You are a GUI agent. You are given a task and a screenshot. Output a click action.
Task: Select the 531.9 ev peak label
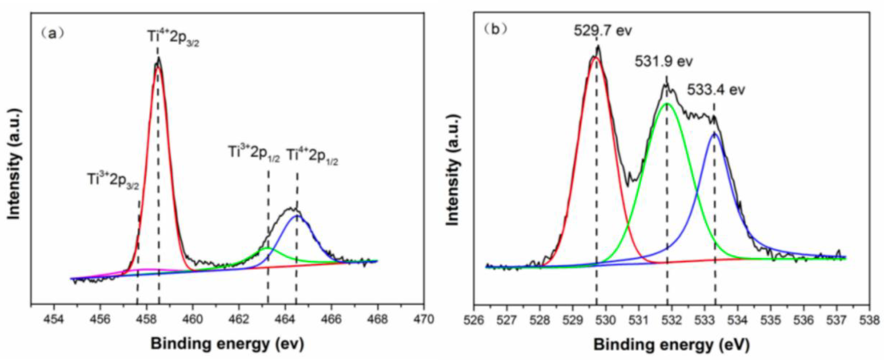pos(663,62)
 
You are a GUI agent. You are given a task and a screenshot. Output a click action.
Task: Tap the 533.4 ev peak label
pos(716,90)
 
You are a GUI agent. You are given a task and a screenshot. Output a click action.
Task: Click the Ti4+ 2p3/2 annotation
pos(173,38)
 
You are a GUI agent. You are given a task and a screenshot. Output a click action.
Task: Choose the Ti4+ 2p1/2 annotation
pos(312,157)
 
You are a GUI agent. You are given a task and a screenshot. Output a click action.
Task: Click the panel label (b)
pos(496,30)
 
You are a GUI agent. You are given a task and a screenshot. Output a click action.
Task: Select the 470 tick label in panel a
pos(424,319)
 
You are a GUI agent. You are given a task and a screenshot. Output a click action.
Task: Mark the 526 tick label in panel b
pos(474,319)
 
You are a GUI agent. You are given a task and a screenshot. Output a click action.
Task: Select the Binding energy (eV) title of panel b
pos(671,344)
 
